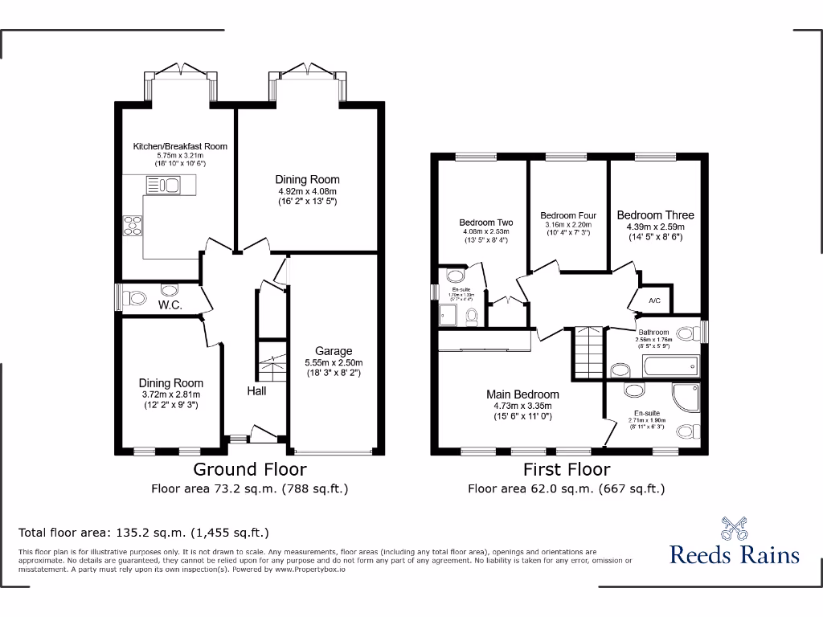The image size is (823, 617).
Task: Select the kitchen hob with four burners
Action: coord(133,224)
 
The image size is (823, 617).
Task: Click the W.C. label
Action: coord(170,305)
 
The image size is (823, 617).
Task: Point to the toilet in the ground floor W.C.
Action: coord(136,299)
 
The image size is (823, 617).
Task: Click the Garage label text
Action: coord(334,351)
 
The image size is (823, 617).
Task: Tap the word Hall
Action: coord(256,391)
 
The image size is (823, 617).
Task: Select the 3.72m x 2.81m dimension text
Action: coord(170,394)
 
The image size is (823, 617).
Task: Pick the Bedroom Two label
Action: coord(485,223)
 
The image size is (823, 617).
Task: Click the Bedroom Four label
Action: coord(568,215)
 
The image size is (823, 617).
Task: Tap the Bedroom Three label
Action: coord(655,215)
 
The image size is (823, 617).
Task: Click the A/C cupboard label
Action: coord(654,301)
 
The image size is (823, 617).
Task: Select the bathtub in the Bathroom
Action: coord(669,367)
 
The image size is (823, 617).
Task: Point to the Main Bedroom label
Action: coord(522,394)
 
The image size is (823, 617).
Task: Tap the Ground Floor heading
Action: coord(249,469)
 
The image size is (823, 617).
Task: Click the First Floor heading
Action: coord(567,469)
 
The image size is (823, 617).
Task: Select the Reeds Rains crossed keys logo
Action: coord(734,528)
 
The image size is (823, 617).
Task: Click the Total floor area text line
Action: coord(143,532)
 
